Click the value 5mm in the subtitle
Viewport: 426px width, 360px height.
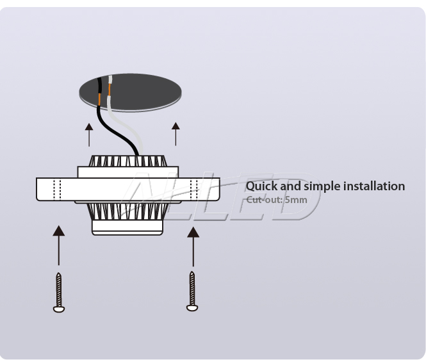pyautogui.click(x=296, y=200)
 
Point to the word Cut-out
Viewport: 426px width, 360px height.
pyautogui.click(x=264, y=200)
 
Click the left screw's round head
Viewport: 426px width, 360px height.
pyautogui.click(x=59, y=309)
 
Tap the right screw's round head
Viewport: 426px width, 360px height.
pyautogui.click(x=192, y=307)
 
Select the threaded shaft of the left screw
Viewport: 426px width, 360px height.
pyautogui.click(x=59, y=290)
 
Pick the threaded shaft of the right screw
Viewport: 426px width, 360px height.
pyautogui.click(x=192, y=288)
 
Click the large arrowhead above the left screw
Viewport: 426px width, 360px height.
pyautogui.click(x=59, y=231)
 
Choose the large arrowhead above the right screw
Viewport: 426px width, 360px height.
pyautogui.click(x=193, y=233)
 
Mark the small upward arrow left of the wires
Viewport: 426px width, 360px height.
pyautogui.click(x=89, y=135)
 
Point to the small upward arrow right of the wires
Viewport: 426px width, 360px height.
pyautogui.click(x=176, y=134)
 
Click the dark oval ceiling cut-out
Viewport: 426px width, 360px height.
pyautogui.click(x=131, y=92)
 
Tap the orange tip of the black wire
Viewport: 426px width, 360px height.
pyautogui.click(x=100, y=100)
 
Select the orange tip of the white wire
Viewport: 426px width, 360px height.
pyautogui.click(x=110, y=90)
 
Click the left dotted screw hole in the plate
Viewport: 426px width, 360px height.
pyautogui.click(x=57, y=190)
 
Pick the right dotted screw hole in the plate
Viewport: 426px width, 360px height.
pyautogui.click(x=194, y=190)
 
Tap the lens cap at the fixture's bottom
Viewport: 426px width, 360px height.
pyautogui.click(x=127, y=227)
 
